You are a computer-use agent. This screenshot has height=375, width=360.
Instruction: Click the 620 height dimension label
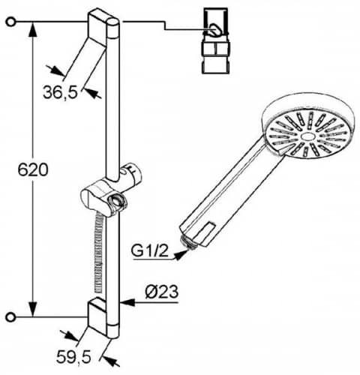[x=33, y=169]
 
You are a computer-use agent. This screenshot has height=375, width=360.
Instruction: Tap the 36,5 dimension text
[x=60, y=92]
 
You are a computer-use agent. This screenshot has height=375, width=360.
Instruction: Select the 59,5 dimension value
[x=73, y=357]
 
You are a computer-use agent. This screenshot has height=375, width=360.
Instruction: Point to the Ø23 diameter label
[x=162, y=292]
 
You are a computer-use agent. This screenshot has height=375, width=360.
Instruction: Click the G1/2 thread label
[x=150, y=251]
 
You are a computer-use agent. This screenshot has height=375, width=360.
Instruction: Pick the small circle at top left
[x=10, y=22]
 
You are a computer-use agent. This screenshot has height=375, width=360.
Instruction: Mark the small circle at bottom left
[x=10, y=317]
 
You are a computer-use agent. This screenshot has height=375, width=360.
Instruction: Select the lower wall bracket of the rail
[x=100, y=316]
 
